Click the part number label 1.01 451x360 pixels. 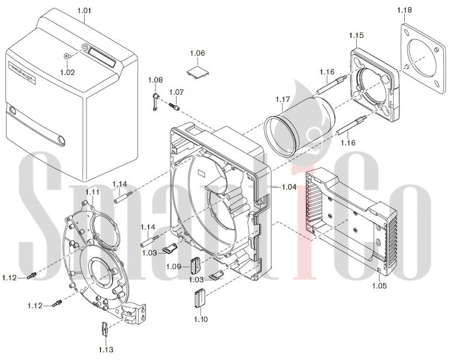(x=85, y=11)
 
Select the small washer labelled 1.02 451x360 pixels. (x=67, y=57)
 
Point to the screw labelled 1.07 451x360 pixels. (x=175, y=106)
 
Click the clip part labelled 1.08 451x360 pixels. (x=154, y=99)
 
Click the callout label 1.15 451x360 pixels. (x=356, y=36)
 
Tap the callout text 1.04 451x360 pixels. (x=289, y=187)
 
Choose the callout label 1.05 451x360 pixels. (x=379, y=286)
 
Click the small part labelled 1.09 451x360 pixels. (x=195, y=265)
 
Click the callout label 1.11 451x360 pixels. (x=92, y=191)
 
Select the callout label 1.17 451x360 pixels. (x=283, y=99)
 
